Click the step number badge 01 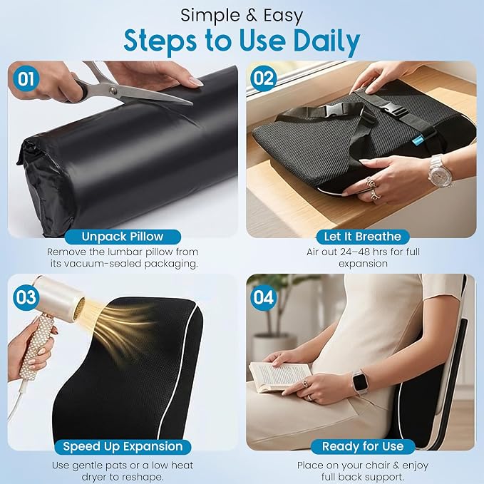[x=26, y=78]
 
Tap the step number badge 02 [x=263, y=78]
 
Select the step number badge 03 [x=26, y=297]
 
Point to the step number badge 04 [x=263, y=297]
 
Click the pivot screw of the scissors [x=113, y=90]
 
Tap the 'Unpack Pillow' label [x=123, y=237]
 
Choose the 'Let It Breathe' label [x=363, y=237]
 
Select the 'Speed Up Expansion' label [x=123, y=447]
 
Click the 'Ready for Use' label [x=363, y=447]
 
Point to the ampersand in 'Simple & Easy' [x=252, y=16]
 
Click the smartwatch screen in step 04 [x=360, y=382]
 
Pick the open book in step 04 [x=280, y=376]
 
